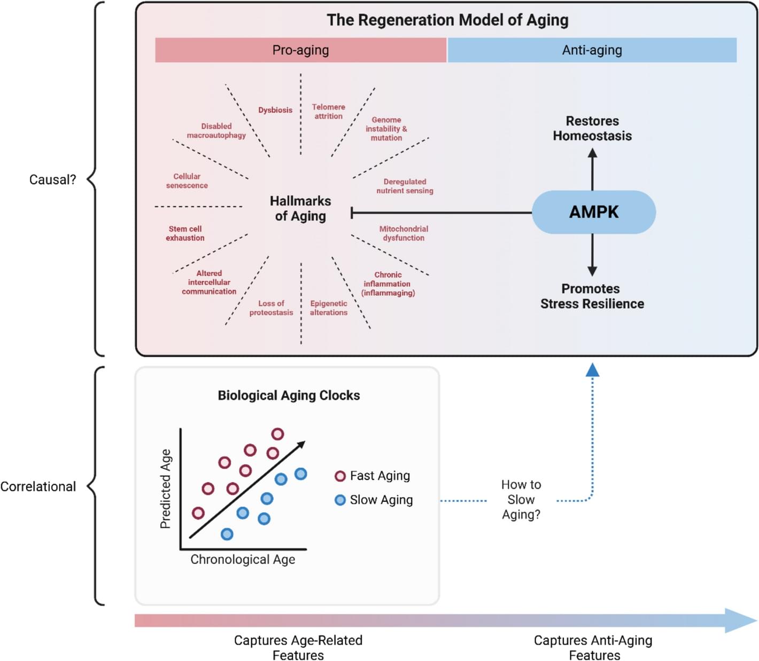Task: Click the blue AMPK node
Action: (x=593, y=212)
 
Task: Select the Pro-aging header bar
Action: (x=300, y=50)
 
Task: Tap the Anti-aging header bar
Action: (x=592, y=50)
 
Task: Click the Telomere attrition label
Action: (x=328, y=112)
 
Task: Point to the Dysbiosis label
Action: (x=275, y=110)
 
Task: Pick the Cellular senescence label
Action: (x=187, y=181)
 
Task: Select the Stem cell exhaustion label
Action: (x=185, y=233)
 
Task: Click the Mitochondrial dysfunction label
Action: (x=404, y=233)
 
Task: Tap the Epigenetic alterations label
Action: (x=329, y=308)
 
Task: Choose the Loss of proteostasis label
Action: (x=271, y=308)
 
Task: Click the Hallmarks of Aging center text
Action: (x=300, y=208)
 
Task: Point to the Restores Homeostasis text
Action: (x=592, y=129)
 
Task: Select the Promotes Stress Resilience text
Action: (x=592, y=296)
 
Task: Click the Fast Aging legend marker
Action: (x=340, y=476)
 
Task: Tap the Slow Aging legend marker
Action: (x=340, y=500)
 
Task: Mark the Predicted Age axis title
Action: (x=166, y=489)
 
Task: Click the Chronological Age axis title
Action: (x=243, y=560)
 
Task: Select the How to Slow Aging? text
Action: (x=521, y=500)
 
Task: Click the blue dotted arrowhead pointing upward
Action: (x=592, y=369)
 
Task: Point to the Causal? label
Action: (x=52, y=180)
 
